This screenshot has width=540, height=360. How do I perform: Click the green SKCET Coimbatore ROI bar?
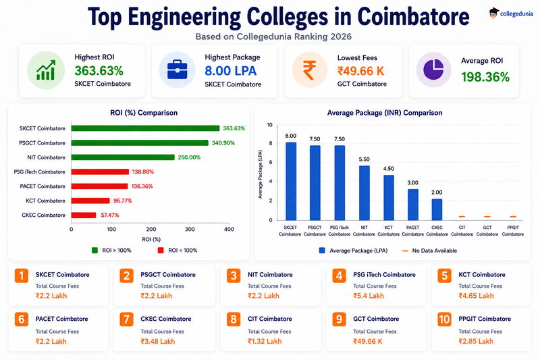pyautogui.click(x=145, y=128)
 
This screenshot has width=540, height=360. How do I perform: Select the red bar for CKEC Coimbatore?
pyautogui.click(x=84, y=215)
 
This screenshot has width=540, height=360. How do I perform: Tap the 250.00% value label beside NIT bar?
pyautogui.click(x=189, y=157)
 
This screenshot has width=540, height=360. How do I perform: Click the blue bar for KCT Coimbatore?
pyautogui.click(x=389, y=198)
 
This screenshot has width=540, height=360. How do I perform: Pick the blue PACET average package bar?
pyautogui.click(x=413, y=205)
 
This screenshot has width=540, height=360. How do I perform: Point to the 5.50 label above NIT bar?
pyautogui.click(x=364, y=159)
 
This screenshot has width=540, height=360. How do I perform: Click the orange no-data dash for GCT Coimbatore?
pyautogui.click(x=487, y=217)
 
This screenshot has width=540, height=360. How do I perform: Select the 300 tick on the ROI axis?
pyautogui.click(x=190, y=229)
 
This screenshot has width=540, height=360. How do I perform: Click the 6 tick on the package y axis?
pyautogui.click(x=271, y=162)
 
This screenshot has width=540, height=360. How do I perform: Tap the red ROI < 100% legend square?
pyautogui.click(x=161, y=251)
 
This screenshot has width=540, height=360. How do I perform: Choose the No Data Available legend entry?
pyautogui.click(x=430, y=251)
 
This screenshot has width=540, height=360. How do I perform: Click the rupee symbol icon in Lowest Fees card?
pyautogui.click(x=309, y=70)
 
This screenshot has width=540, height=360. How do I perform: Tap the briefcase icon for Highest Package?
pyautogui.click(x=178, y=70)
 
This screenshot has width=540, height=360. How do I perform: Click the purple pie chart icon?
pyautogui.click(x=433, y=70)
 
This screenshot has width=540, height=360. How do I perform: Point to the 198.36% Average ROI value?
pyautogui.click(x=485, y=77)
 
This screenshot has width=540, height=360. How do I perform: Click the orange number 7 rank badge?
pyautogui.click(x=126, y=319)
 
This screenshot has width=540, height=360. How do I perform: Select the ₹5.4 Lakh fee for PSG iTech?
pyautogui.click(x=369, y=296)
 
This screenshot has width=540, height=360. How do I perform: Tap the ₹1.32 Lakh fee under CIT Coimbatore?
pyautogui.click(x=265, y=341)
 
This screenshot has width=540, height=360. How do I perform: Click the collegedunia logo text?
pyautogui.click(x=516, y=14)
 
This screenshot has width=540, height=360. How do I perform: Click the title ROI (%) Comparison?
pyautogui.click(x=144, y=113)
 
